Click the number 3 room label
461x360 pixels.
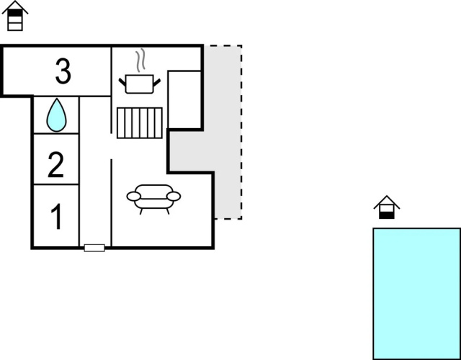(63, 71)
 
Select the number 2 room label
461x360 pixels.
(55, 165)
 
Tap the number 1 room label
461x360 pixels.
(56, 217)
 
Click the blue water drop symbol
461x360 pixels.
(56, 115)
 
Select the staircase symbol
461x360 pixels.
(140, 123)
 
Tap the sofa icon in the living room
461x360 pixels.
(153, 199)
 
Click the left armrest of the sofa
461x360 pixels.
(134, 197)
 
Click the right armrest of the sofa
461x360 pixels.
(174, 197)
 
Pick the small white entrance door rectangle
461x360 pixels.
(94, 248)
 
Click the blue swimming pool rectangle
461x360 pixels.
(416, 293)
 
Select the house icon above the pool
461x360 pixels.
(387, 207)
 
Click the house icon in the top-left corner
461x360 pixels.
(15, 16)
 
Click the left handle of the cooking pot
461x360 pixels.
(122, 82)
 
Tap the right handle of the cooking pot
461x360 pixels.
(157, 82)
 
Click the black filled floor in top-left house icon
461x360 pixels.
(15, 13)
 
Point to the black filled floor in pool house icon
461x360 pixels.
(387, 215)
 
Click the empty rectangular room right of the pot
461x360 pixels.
(184, 100)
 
